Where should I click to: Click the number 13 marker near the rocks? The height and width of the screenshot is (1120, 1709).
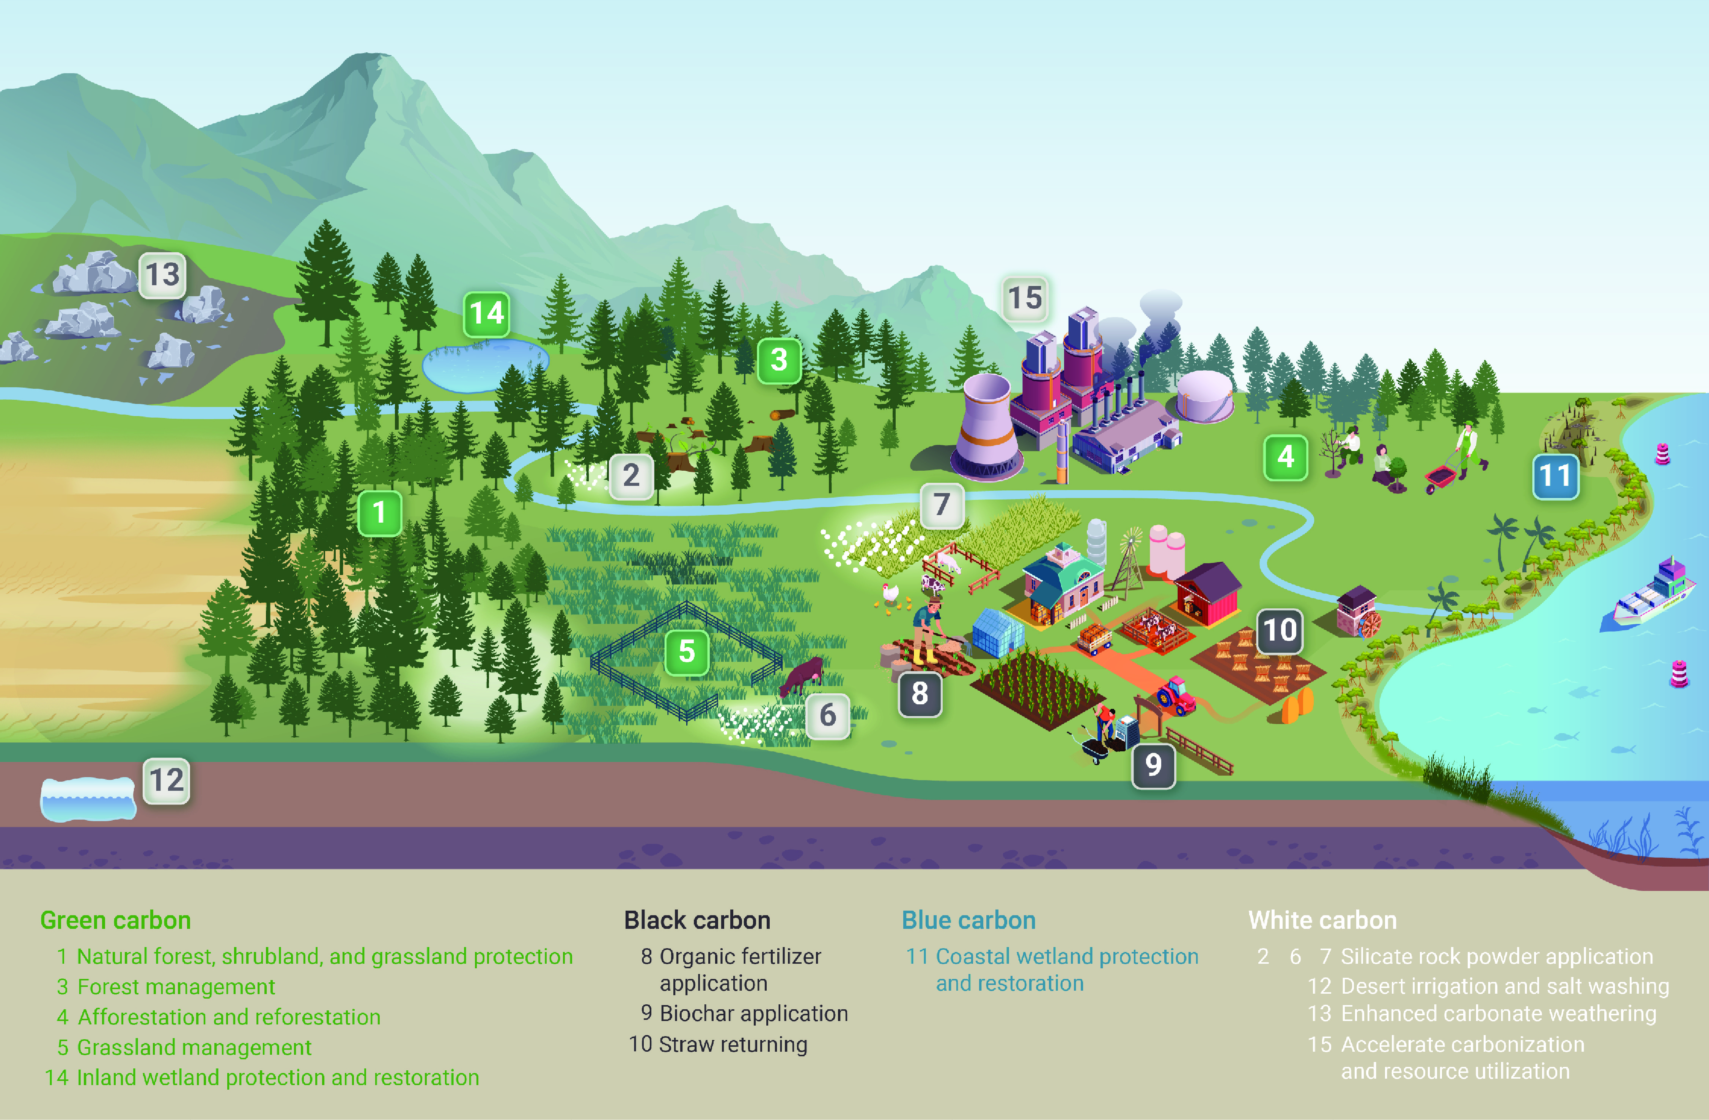pyautogui.click(x=162, y=275)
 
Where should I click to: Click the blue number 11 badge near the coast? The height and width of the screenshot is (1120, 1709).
pyautogui.click(x=1555, y=476)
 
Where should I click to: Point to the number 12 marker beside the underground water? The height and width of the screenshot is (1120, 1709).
pyautogui.click(x=167, y=781)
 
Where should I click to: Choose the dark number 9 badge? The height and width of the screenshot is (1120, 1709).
pyautogui.click(x=1153, y=765)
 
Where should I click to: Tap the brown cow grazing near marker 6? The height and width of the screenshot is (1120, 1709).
pyautogui.click(x=803, y=675)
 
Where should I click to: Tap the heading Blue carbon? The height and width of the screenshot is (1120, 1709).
pyautogui.click(x=968, y=921)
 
